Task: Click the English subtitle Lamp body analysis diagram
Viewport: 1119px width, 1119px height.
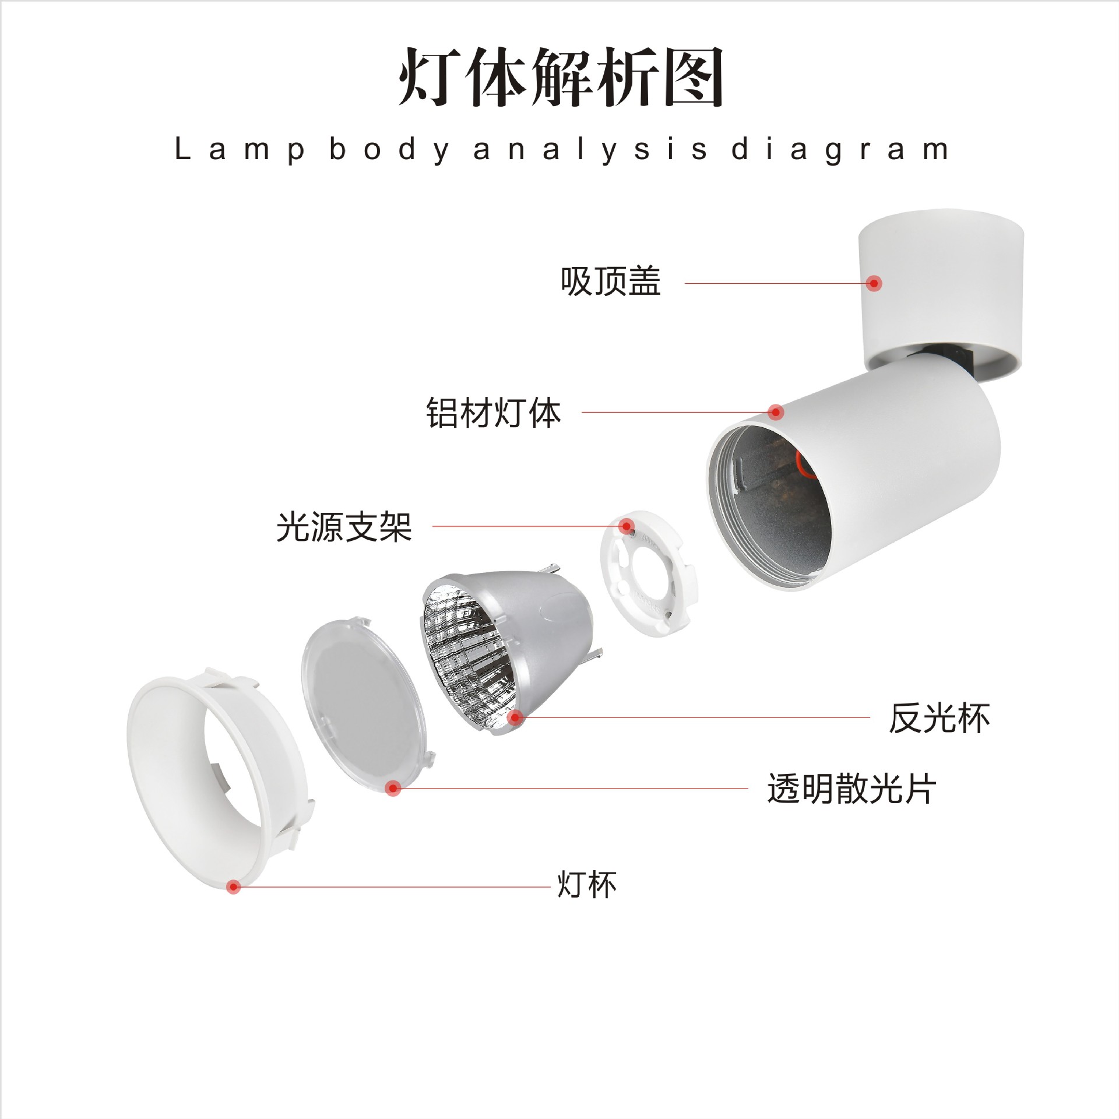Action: pyautogui.click(x=561, y=150)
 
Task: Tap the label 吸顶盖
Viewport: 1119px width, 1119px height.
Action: pyautogui.click(x=610, y=282)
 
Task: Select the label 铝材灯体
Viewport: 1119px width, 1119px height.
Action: pyautogui.click(x=493, y=413)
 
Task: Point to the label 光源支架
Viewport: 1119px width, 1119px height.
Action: pyautogui.click(x=344, y=527)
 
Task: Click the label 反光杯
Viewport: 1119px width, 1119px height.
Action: pyautogui.click(x=939, y=718)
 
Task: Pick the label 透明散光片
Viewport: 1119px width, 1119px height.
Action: pyautogui.click(x=851, y=789)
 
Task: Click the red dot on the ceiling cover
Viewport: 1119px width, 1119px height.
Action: pyautogui.click(x=873, y=283)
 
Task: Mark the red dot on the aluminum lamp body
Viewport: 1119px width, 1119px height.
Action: pyautogui.click(x=775, y=412)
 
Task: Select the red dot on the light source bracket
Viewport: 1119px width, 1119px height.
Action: pyautogui.click(x=627, y=527)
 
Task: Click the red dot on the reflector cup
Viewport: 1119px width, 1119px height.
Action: pyautogui.click(x=514, y=717)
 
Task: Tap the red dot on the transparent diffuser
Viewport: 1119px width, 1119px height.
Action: pyautogui.click(x=393, y=789)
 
